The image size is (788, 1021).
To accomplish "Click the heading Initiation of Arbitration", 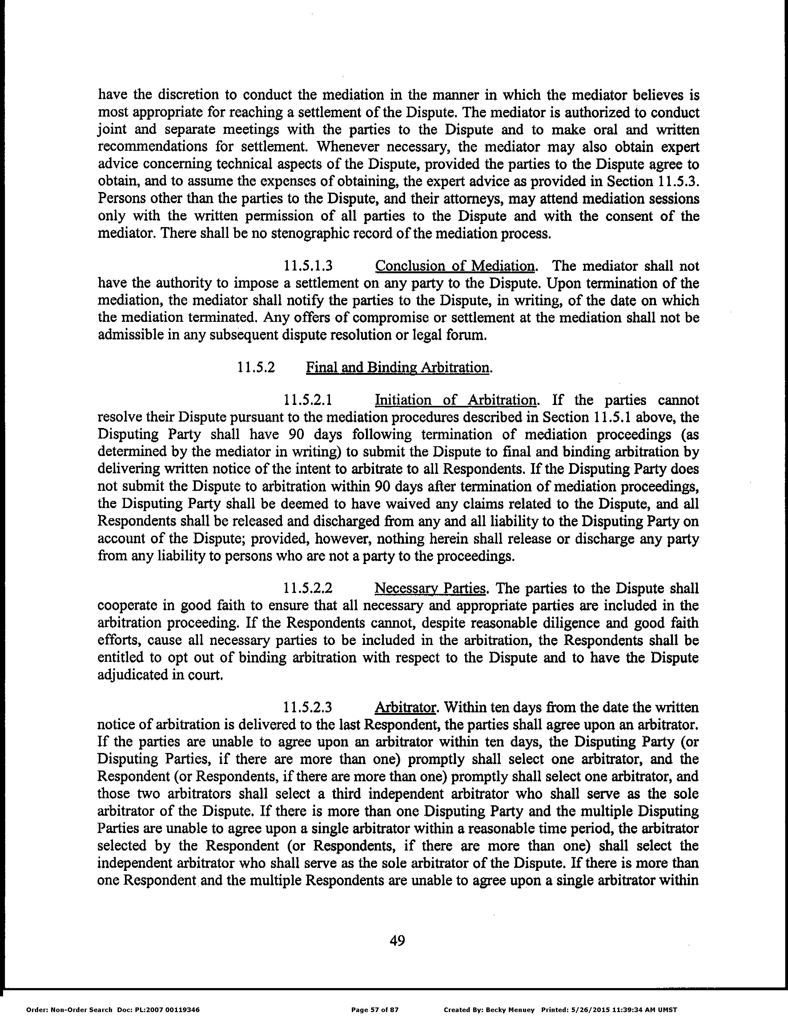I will click(456, 400).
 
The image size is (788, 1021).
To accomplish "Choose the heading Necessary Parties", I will click(430, 588).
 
